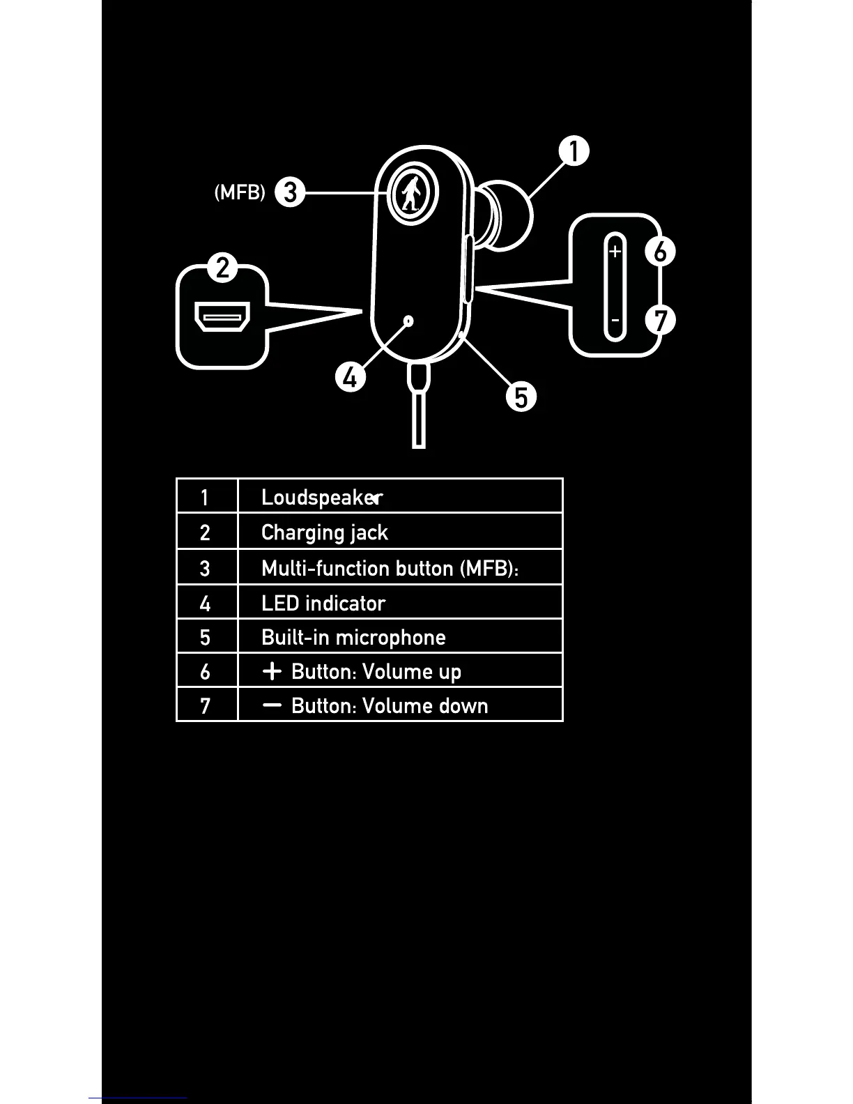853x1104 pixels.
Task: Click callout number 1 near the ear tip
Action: coord(574,151)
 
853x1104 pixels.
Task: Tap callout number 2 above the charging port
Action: coord(222,268)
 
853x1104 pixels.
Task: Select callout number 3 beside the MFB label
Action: coord(290,192)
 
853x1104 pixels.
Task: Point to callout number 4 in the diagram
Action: coord(351,377)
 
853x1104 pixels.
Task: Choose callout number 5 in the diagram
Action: coord(521,397)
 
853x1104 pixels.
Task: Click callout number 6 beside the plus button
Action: coord(660,251)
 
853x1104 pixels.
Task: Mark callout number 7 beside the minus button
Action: coord(660,321)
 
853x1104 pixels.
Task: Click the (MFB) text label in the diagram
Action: coord(240,192)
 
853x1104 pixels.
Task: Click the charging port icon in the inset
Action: coord(222,318)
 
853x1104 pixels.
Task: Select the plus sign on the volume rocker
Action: coord(615,251)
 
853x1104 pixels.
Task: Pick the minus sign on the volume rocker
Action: coord(615,321)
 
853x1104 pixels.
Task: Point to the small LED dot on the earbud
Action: coord(409,321)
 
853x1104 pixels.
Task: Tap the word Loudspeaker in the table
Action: coord(322,497)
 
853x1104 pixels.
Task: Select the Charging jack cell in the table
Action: coord(324,532)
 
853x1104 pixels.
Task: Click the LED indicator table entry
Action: coord(323,603)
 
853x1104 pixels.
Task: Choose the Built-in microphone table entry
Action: coord(353,637)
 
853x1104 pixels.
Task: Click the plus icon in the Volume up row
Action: coord(272,671)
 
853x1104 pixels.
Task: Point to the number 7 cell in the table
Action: coord(205,706)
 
